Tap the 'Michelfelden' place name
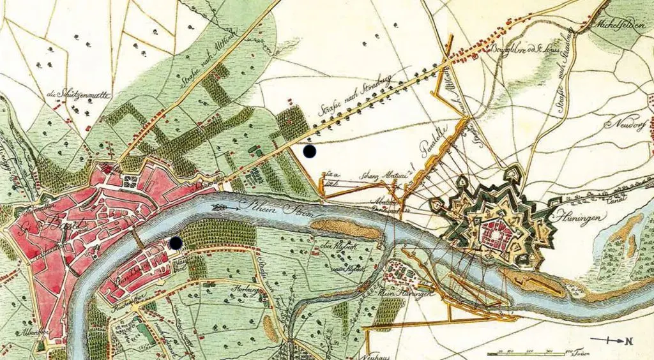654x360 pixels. coord(619,25)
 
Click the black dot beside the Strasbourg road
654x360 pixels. coord(310,151)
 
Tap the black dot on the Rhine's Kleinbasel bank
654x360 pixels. coord(175,243)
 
